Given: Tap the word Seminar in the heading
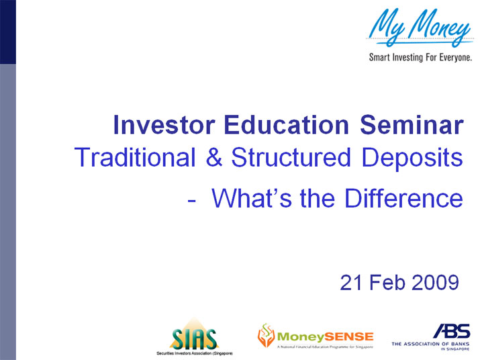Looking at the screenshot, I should click(x=412, y=126).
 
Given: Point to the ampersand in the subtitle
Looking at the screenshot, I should click(x=214, y=159).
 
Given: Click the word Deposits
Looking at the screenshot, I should click(x=411, y=159).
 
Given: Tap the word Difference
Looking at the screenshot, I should click(x=403, y=198).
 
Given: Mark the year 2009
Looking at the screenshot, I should click(x=434, y=283).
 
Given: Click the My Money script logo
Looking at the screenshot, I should click(x=420, y=30).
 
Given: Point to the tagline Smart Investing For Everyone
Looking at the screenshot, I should click(x=420, y=57).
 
